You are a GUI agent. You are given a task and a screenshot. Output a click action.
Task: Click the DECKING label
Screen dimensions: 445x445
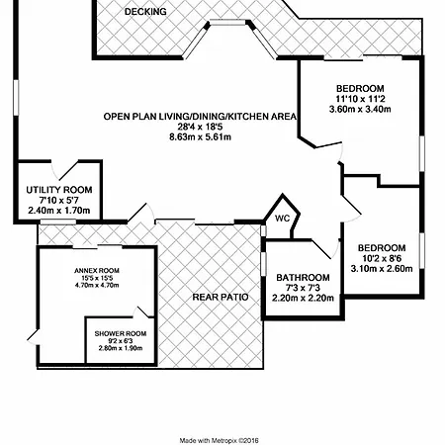(145, 12)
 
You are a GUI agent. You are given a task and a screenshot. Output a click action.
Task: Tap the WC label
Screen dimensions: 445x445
(283, 219)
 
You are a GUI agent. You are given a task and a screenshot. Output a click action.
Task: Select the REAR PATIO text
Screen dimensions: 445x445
(221, 298)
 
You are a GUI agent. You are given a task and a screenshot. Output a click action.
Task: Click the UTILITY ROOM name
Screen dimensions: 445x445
(59, 190)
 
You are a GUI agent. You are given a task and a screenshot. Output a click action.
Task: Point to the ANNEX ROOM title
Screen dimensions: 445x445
(97, 271)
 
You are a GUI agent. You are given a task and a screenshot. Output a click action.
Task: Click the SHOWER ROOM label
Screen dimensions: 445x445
(121, 333)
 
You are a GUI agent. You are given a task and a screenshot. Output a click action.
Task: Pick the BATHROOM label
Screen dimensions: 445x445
(303, 278)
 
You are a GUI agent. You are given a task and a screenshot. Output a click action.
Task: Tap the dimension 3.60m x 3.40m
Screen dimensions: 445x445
(360, 109)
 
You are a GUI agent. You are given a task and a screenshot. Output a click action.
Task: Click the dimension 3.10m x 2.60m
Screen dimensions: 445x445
(382, 269)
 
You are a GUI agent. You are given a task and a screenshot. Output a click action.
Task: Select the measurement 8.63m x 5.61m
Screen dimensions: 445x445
(200, 136)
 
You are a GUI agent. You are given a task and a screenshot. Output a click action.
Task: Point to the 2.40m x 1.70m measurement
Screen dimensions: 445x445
(59, 211)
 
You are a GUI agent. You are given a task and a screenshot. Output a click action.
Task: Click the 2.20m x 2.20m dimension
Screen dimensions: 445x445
(303, 299)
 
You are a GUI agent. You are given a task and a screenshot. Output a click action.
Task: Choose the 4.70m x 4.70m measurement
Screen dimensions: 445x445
(97, 285)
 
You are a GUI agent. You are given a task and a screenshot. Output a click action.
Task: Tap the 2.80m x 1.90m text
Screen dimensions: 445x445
(121, 348)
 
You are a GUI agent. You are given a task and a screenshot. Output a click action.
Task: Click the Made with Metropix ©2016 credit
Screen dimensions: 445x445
(220, 440)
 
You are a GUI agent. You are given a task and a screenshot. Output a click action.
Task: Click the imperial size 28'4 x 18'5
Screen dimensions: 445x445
(200, 127)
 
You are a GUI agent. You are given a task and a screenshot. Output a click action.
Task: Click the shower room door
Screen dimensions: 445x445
(142, 312)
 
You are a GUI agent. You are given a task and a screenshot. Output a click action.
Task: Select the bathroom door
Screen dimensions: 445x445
(324, 248)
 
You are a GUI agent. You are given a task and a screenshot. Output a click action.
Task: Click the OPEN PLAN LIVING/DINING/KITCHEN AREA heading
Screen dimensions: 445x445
(200, 117)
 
